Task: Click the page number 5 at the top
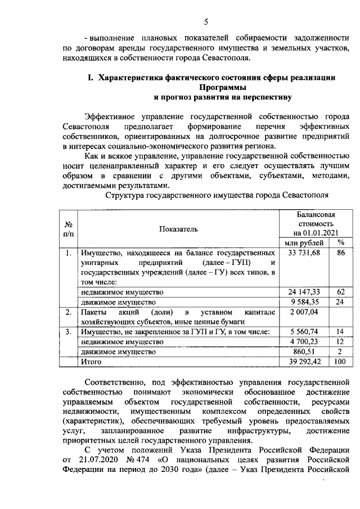click(x=206, y=22)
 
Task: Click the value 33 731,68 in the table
click(x=304, y=254)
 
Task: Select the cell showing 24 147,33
click(x=304, y=292)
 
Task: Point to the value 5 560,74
click(x=304, y=331)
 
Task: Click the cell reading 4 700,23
click(x=304, y=341)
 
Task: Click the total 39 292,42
click(x=304, y=362)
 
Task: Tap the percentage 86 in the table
click(x=340, y=254)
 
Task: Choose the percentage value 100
click(x=340, y=362)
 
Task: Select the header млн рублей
click(x=304, y=242)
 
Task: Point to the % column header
click(x=340, y=242)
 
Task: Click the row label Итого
click(x=90, y=362)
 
